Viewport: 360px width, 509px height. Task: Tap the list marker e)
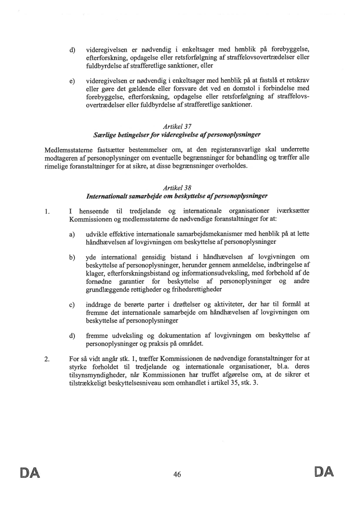tap(71, 81)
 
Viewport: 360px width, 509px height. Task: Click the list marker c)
tap(71, 304)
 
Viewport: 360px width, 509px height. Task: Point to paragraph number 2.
tap(47, 359)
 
